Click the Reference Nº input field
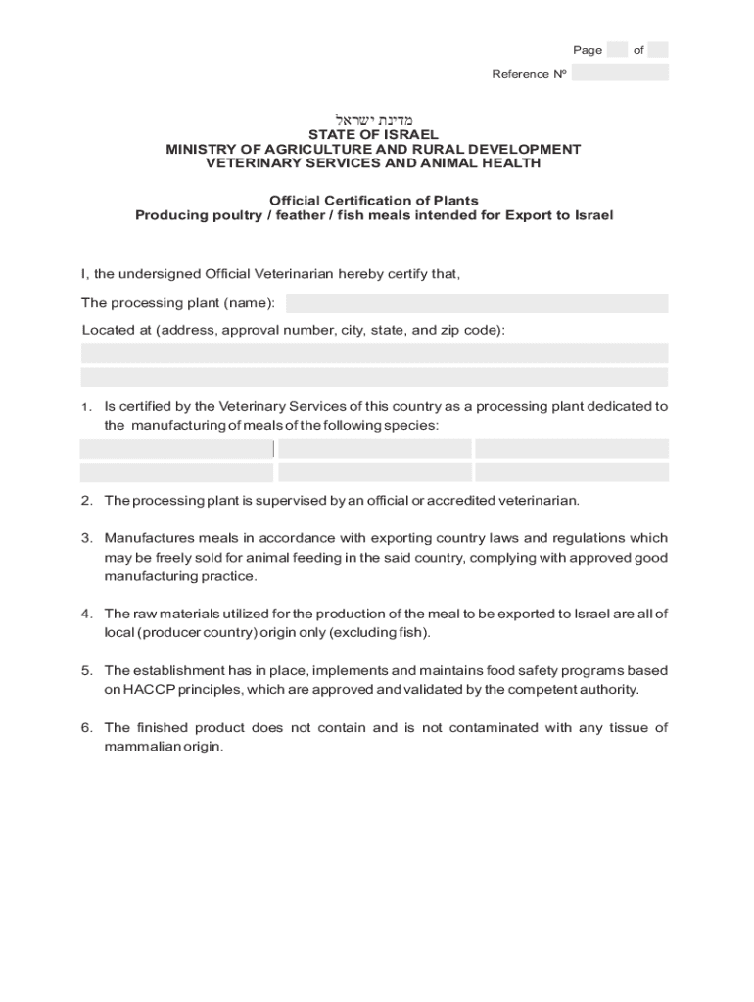(620, 72)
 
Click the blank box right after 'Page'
(617, 50)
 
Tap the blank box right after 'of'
(658, 50)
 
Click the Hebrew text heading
(373, 119)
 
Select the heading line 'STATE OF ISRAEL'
(373, 134)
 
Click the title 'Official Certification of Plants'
(373, 201)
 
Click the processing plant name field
(477, 303)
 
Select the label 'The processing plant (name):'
(178, 303)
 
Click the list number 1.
(87, 407)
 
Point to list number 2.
(87, 501)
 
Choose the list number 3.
(87, 538)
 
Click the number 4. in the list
(87, 614)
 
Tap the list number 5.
(87, 670)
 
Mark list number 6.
(87, 727)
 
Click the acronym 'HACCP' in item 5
(147, 690)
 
